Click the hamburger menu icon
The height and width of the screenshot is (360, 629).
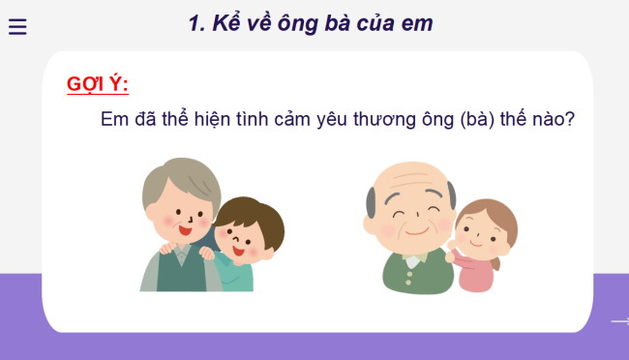[17, 27]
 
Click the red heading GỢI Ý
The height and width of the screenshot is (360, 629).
[97, 84]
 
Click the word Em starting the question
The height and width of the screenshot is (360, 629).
[115, 120]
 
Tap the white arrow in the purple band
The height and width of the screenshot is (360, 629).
[619, 321]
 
